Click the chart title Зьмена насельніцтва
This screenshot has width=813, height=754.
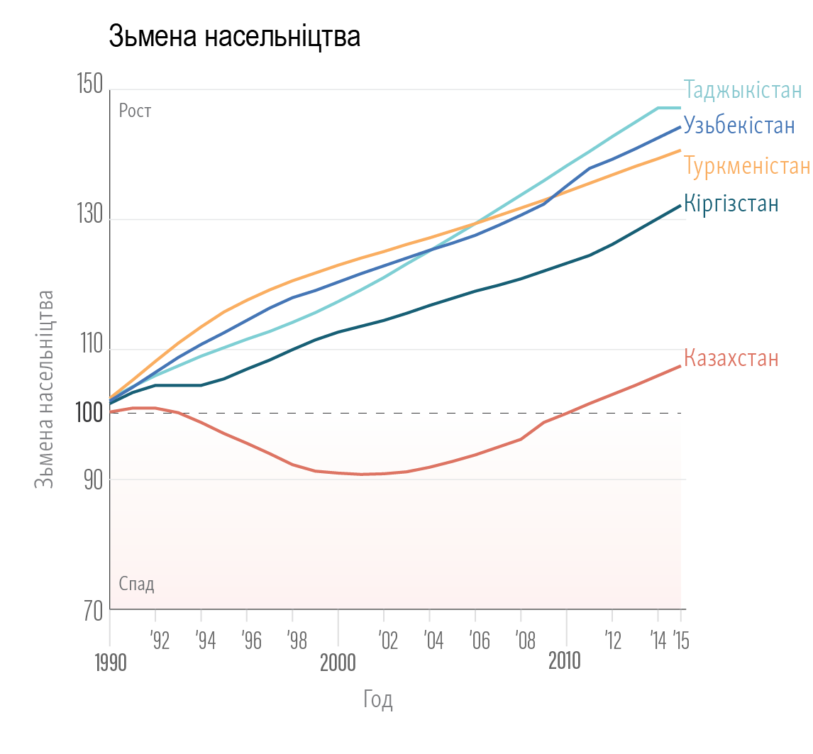(x=234, y=37)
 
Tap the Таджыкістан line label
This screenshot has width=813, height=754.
(x=743, y=90)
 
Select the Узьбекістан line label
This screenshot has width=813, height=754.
(x=739, y=126)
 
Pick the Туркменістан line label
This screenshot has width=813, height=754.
(x=747, y=166)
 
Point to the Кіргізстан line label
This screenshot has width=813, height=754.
(x=731, y=204)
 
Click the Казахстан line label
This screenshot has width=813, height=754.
(x=731, y=358)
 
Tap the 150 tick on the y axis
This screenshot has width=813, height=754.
(x=89, y=87)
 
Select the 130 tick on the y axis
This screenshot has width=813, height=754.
(x=89, y=219)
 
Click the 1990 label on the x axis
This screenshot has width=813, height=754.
(x=109, y=663)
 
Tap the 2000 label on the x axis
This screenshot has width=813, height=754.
(x=338, y=662)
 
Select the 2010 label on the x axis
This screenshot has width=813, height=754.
(x=565, y=662)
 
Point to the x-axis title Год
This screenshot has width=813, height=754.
(x=378, y=700)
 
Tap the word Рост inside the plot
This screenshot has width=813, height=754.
(x=135, y=111)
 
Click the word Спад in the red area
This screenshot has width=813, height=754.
(x=136, y=584)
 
